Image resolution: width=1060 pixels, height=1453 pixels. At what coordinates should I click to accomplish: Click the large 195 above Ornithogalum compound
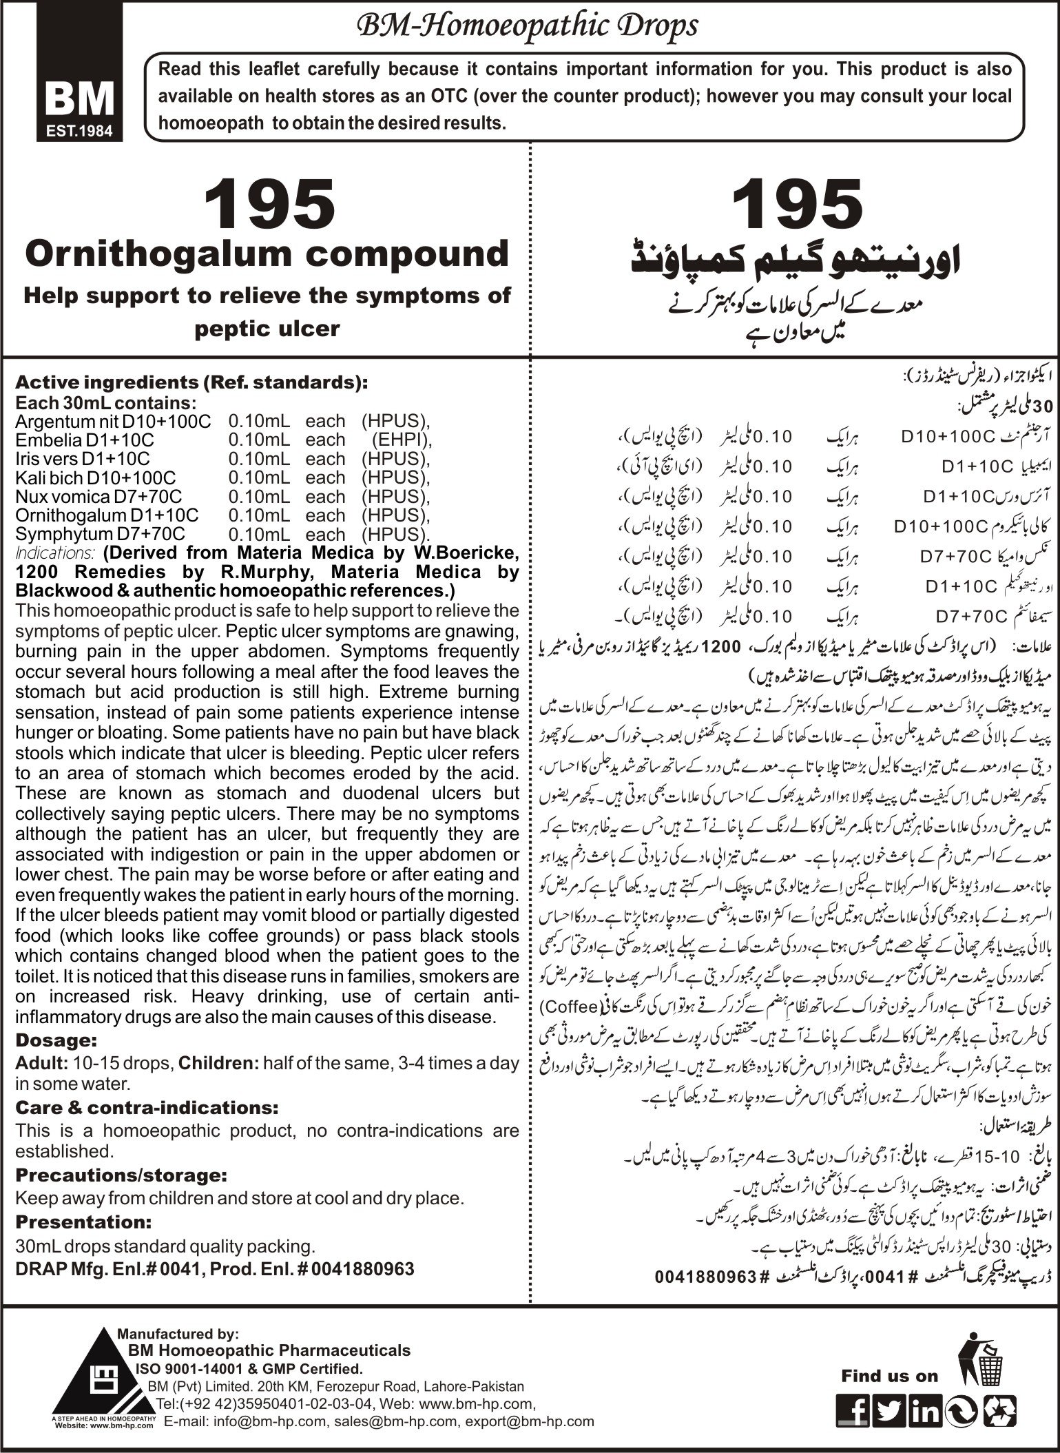pos(269,205)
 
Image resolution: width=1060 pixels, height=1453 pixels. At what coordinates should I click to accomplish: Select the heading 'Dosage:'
pos(56,1040)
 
